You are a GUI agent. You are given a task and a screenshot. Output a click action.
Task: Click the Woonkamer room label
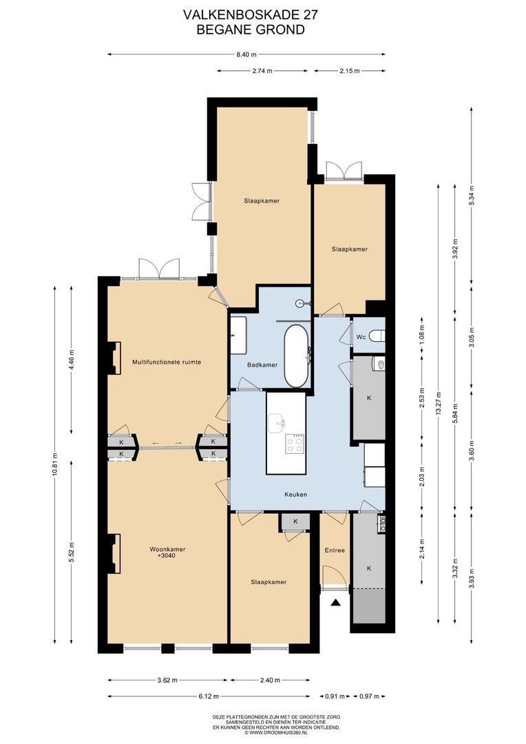167,549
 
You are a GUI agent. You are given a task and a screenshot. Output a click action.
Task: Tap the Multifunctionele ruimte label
167,362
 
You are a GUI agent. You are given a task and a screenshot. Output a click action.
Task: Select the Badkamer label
262,365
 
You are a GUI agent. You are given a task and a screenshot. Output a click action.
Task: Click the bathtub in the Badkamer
297,356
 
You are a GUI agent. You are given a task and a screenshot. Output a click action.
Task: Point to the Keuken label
295,495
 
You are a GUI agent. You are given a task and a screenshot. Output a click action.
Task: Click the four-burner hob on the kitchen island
295,444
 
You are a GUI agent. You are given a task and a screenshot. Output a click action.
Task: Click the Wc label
361,337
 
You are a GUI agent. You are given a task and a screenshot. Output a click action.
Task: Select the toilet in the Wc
377,336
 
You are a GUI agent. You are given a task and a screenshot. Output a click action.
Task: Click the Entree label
335,550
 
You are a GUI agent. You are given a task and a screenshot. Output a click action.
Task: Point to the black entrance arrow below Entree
336,603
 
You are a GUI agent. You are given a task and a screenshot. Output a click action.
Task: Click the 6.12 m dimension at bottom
209,696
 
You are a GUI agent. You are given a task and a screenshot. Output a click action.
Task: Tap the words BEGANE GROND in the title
251,30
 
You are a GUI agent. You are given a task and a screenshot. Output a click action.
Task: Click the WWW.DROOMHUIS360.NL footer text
277,732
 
